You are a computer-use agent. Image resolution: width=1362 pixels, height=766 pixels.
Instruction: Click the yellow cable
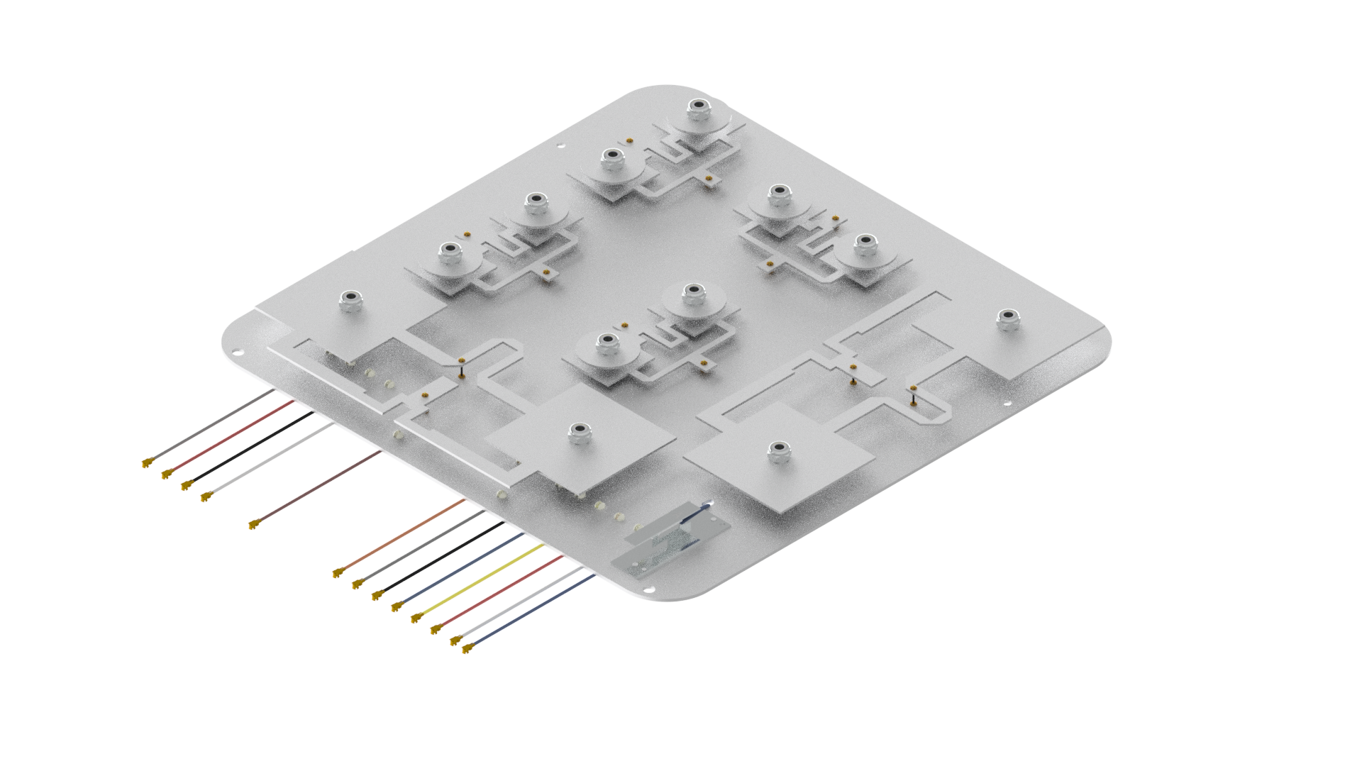click(482, 582)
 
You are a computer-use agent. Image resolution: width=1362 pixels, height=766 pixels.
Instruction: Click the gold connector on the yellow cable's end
click(416, 619)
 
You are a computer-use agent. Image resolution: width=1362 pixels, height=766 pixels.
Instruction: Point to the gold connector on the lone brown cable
click(253, 526)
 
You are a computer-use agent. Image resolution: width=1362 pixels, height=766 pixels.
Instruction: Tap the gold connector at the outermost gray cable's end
click(147, 464)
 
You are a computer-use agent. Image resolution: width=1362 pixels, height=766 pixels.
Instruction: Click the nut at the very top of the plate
click(699, 109)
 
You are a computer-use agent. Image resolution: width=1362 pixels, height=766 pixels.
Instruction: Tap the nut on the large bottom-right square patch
click(778, 452)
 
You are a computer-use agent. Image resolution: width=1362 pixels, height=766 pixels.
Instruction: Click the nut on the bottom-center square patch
click(580, 433)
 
